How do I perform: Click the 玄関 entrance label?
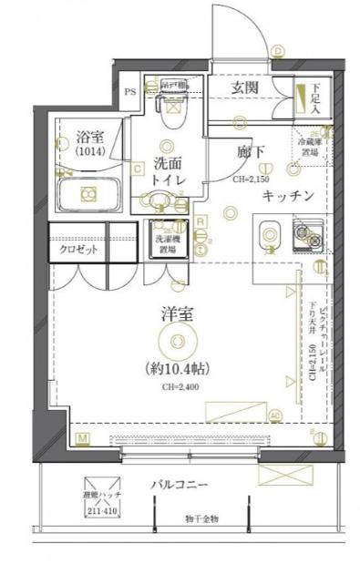[242, 87]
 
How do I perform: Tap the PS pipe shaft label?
[130, 91]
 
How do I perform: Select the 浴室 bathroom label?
[90, 138]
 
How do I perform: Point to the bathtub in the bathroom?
[87, 194]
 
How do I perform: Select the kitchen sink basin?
[270, 236]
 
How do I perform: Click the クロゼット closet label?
[78, 250]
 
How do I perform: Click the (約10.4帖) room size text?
[180, 370]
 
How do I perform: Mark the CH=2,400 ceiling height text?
[180, 388]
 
